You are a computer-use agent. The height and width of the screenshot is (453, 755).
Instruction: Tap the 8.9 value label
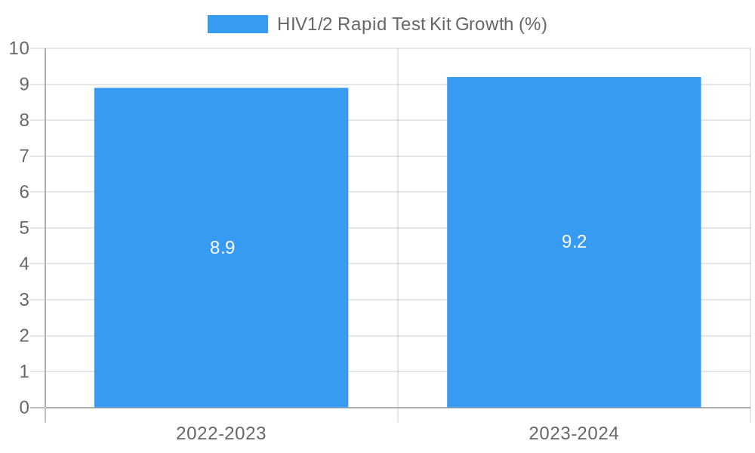[223, 248]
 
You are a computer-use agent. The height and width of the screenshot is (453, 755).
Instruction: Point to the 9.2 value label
[574, 242]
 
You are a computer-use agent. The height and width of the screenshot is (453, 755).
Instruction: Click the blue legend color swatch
[237, 24]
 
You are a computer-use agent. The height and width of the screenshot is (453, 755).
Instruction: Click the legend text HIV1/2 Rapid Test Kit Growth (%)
[411, 24]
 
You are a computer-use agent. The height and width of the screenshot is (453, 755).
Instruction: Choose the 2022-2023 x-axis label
[221, 433]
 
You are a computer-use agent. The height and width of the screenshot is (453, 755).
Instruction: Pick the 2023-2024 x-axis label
[574, 433]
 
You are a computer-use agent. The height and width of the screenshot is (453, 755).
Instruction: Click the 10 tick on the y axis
[19, 48]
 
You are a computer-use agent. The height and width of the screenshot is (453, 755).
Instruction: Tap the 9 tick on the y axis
[24, 85]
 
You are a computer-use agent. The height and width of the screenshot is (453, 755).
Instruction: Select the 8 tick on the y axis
[24, 120]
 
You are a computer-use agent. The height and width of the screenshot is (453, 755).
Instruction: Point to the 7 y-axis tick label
[24, 156]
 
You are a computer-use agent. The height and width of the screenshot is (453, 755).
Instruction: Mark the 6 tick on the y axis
[24, 192]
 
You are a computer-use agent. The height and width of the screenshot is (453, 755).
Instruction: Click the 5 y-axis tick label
[24, 228]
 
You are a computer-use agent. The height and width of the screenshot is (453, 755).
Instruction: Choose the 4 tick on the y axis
[24, 263]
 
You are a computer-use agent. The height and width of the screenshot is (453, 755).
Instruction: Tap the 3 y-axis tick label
[24, 300]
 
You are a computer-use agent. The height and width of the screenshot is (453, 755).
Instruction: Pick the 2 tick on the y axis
[24, 335]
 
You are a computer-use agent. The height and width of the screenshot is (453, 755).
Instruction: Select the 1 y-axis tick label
[24, 371]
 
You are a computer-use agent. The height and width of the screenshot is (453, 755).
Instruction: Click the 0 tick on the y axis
[24, 408]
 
